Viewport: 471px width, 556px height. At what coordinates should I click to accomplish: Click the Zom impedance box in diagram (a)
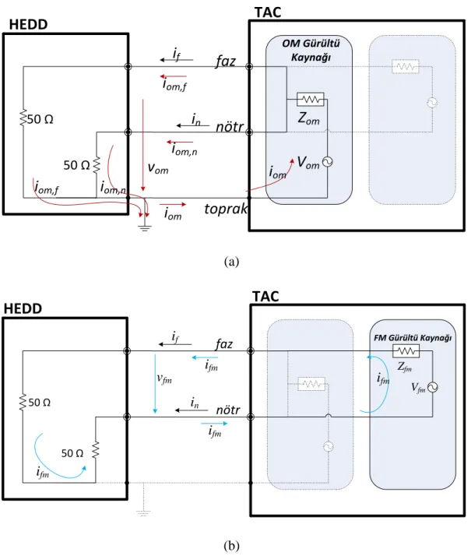coord(311,100)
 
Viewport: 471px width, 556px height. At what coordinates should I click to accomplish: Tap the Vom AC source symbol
coord(327,162)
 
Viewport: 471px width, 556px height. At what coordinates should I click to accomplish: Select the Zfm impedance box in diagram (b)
coord(406,351)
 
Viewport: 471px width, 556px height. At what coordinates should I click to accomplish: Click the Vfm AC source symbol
coord(432,387)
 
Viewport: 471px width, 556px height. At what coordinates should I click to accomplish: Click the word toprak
coord(226,209)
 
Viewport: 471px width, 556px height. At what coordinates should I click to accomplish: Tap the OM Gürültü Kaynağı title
coord(311,50)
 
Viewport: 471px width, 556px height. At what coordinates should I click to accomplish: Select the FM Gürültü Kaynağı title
coord(413,338)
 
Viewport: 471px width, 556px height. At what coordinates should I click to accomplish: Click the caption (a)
coord(231,262)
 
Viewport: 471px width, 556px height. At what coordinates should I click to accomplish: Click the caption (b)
coord(231,545)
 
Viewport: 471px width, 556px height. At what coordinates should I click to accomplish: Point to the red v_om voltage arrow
coord(143,146)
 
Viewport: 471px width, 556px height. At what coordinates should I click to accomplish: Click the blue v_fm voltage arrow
coord(155,384)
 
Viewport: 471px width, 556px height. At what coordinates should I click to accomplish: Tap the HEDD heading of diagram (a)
coord(28,24)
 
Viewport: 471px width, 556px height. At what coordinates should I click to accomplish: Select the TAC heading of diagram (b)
coord(265,296)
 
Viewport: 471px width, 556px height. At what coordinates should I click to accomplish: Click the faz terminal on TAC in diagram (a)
coord(249,66)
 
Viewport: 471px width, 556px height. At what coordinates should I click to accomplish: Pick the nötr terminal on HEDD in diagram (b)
coord(127,417)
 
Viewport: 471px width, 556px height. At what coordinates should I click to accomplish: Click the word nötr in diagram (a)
coord(230,127)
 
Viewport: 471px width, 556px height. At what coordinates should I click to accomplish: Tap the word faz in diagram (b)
coord(224,344)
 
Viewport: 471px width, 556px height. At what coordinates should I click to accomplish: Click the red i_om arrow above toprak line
coord(173,205)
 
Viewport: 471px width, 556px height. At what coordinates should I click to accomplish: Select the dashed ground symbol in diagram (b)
coord(143,512)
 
